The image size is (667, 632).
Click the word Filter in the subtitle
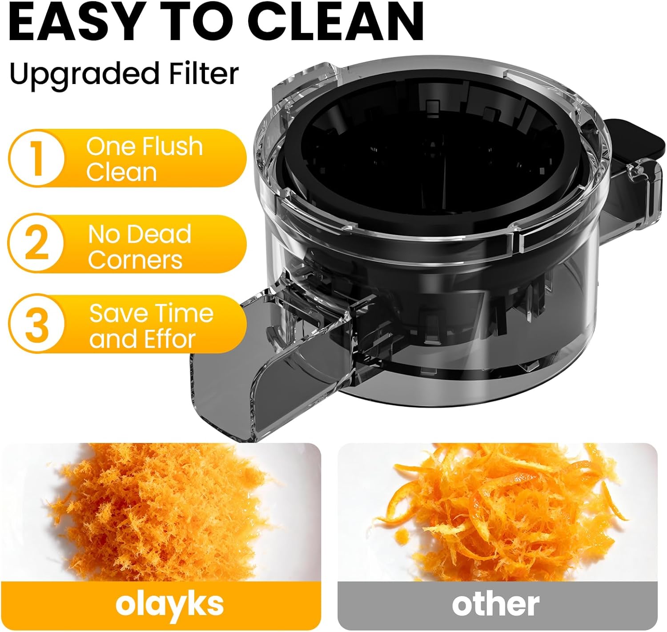pos(203,74)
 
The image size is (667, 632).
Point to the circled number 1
pos(36,158)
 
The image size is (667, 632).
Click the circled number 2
pos(36,244)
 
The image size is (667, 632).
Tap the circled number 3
pos(36,324)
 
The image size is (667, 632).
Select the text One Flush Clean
pos(144,159)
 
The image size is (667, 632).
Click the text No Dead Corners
pos(139,247)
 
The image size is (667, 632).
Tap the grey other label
pos(496,605)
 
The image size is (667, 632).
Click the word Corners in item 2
pos(135,260)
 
